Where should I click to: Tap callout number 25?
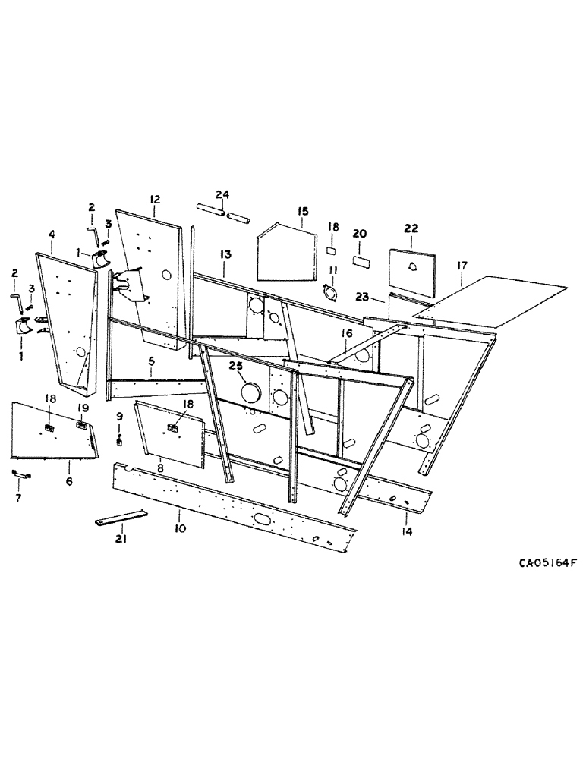pos(237,367)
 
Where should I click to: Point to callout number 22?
pos(411,228)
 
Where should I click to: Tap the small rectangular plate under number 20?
pos(361,260)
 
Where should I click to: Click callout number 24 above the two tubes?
pos(221,195)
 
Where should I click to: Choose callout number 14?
pos(407,531)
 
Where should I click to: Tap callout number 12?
pos(155,200)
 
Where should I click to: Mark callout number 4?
pos(52,236)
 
